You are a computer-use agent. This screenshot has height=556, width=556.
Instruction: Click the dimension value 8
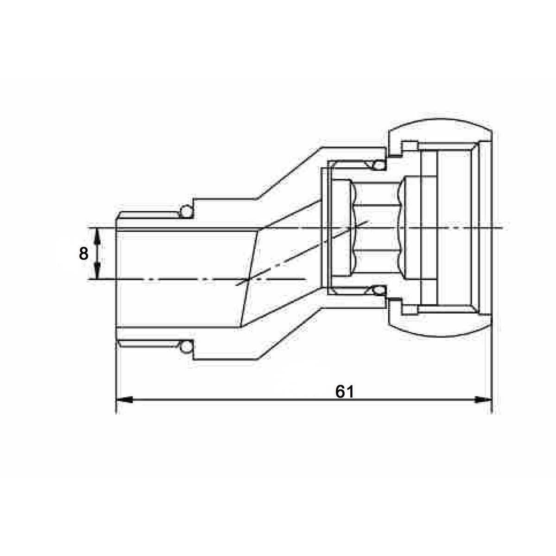coord(83,254)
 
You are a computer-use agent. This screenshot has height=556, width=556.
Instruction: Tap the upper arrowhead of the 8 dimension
coord(97,236)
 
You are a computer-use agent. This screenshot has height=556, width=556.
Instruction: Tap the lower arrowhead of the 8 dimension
coord(97,272)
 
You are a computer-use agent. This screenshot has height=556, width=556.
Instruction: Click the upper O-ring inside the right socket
coord(378,165)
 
